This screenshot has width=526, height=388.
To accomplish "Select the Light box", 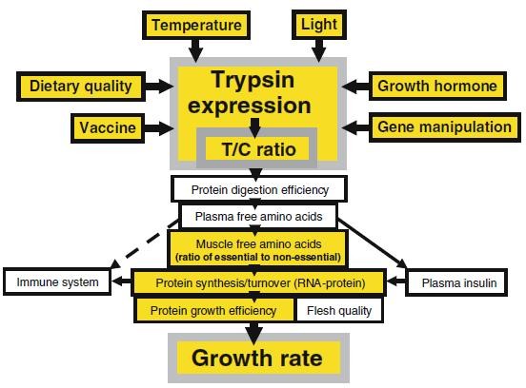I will pyautogui.click(x=319, y=24).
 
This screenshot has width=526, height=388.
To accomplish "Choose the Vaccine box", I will pyautogui.click(x=106, y=126).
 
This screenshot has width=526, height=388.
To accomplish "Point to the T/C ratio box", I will pyautogui.click(x=253, y=149).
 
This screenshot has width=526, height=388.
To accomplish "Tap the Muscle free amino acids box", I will pyautogui.click(x=256, y=249).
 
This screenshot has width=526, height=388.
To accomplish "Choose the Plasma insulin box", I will pyautogui.click(x=455, y=282).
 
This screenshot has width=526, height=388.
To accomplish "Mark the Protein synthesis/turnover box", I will pyautogui.click(x=257, y=282).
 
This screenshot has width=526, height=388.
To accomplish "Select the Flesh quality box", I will pyautogui.click(x=340, y=310).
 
